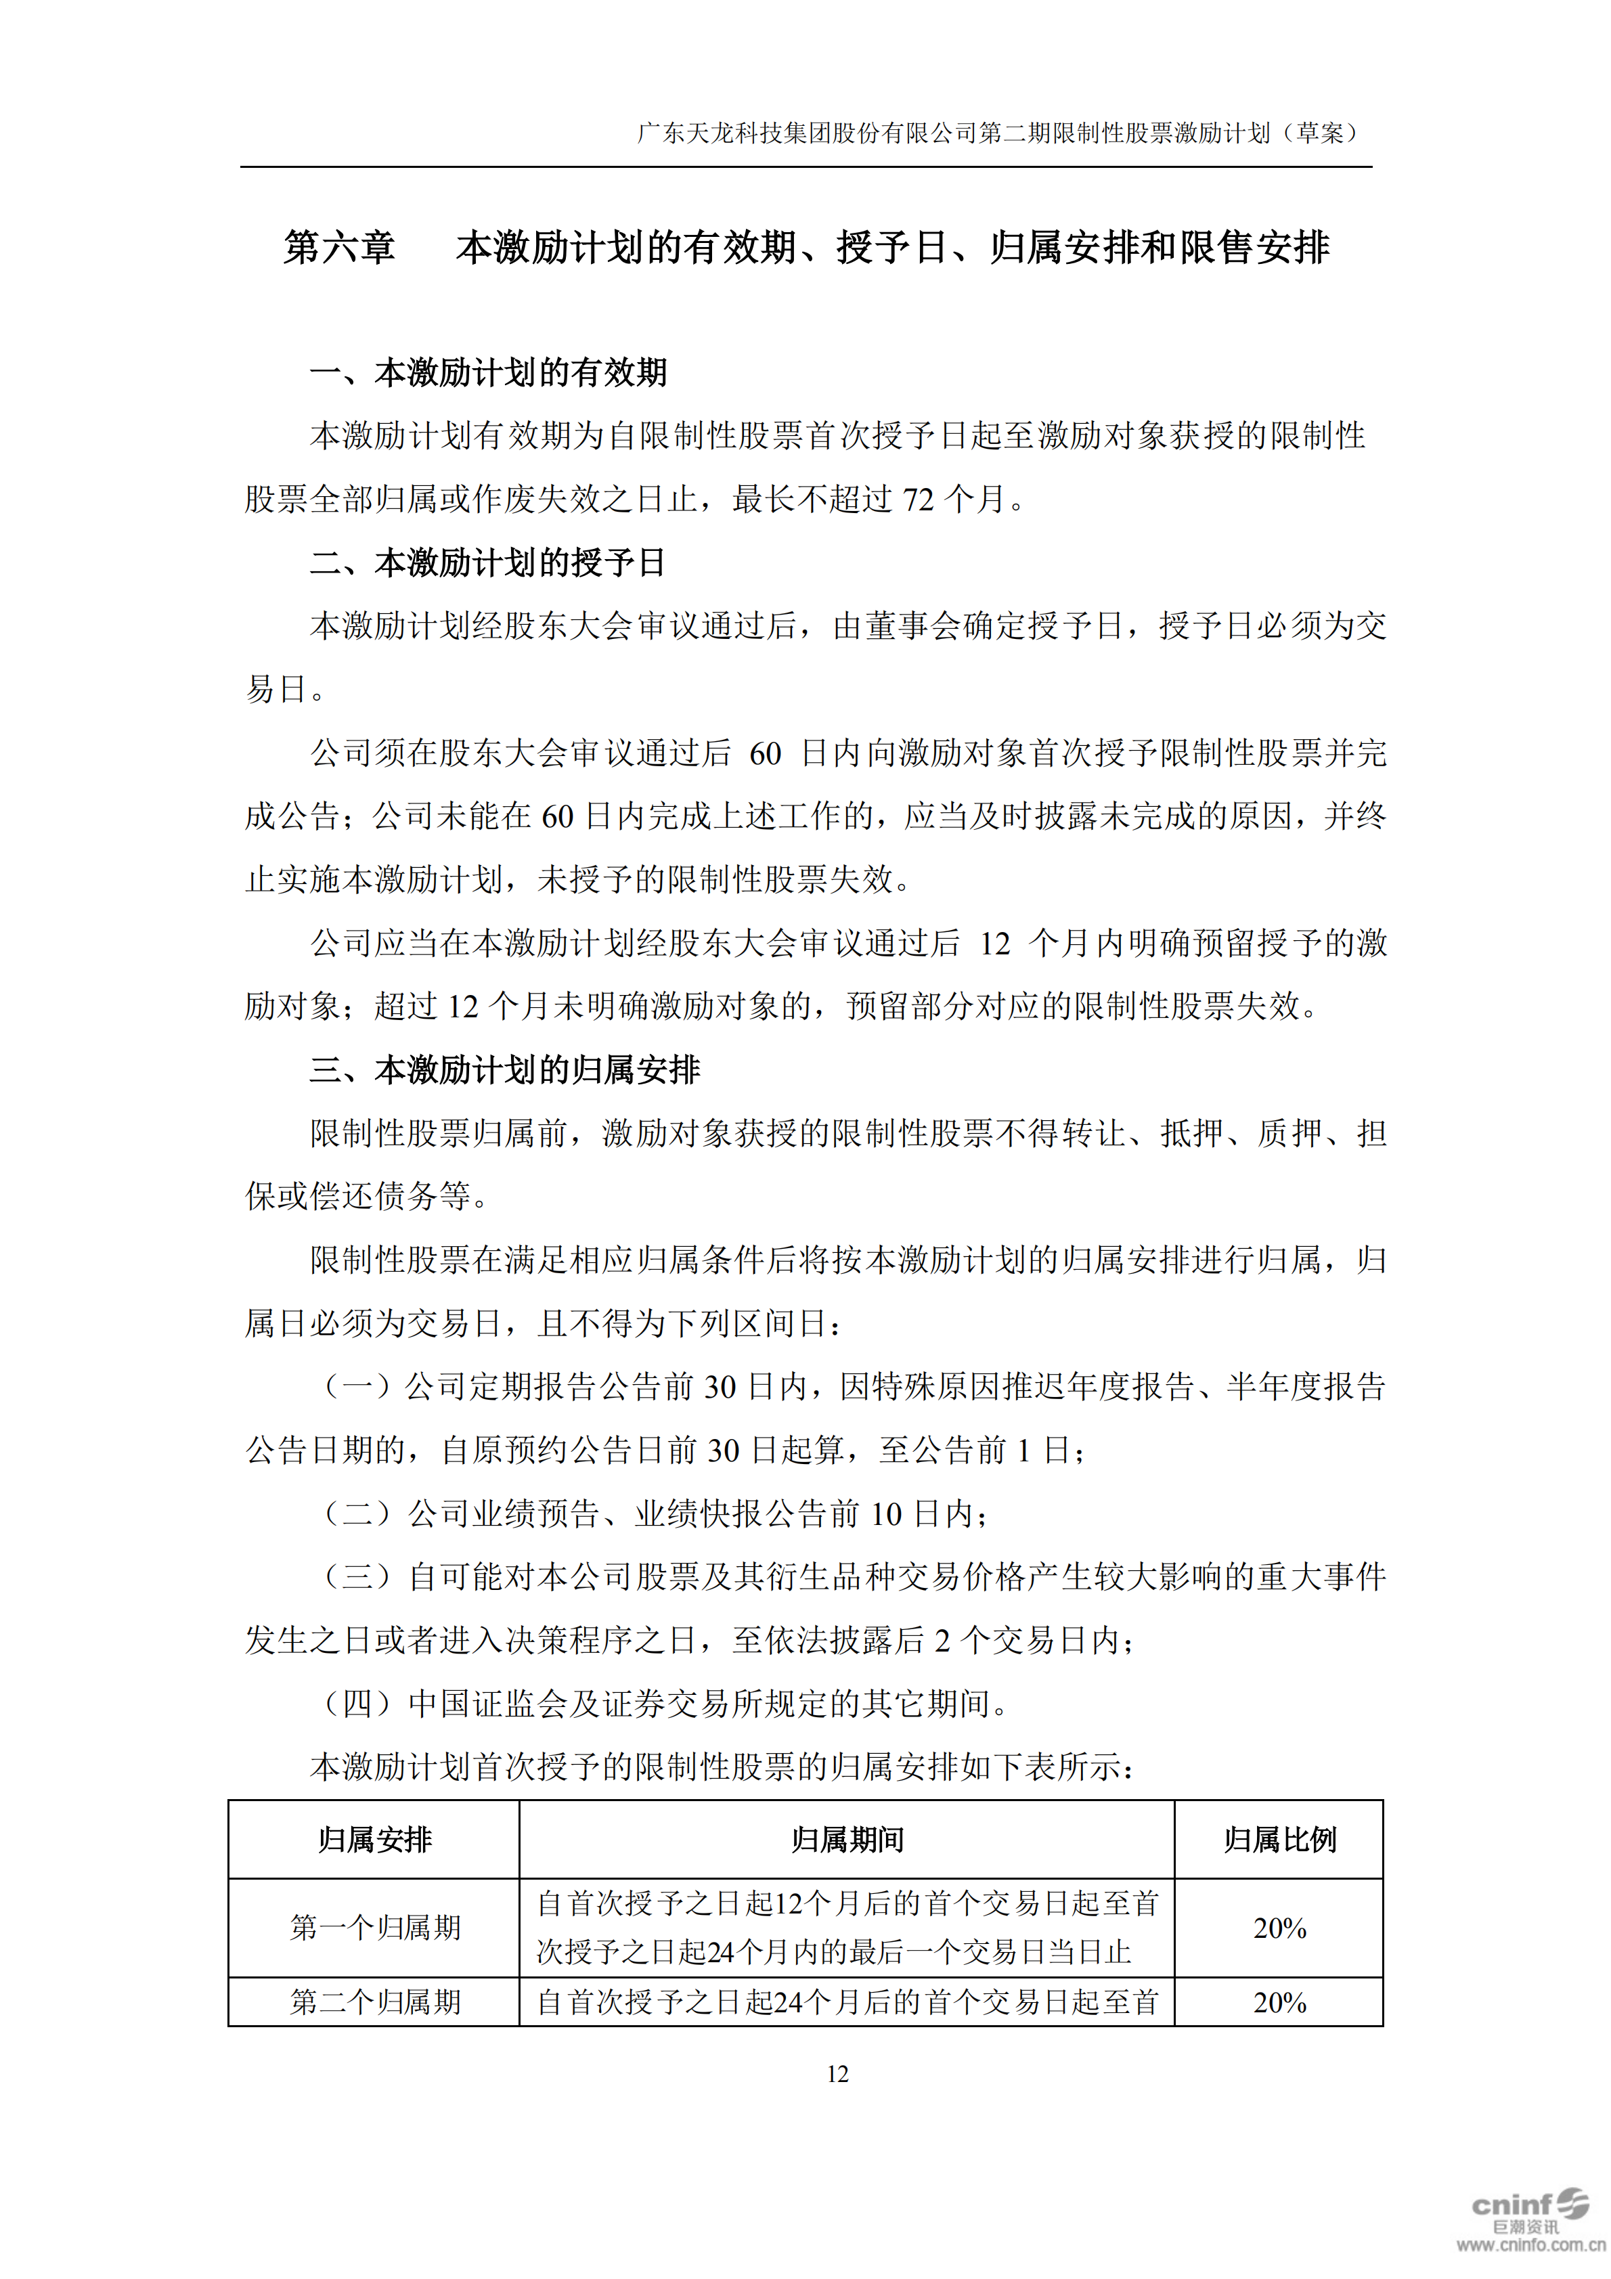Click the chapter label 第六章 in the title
point(340,247)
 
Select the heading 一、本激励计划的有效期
point(488,373)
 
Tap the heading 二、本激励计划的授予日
point(488,562)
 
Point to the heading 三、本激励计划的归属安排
point(505,1070)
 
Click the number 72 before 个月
point(918,500)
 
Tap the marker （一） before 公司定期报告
point(358,1387)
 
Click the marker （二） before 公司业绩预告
point(358,1513)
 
